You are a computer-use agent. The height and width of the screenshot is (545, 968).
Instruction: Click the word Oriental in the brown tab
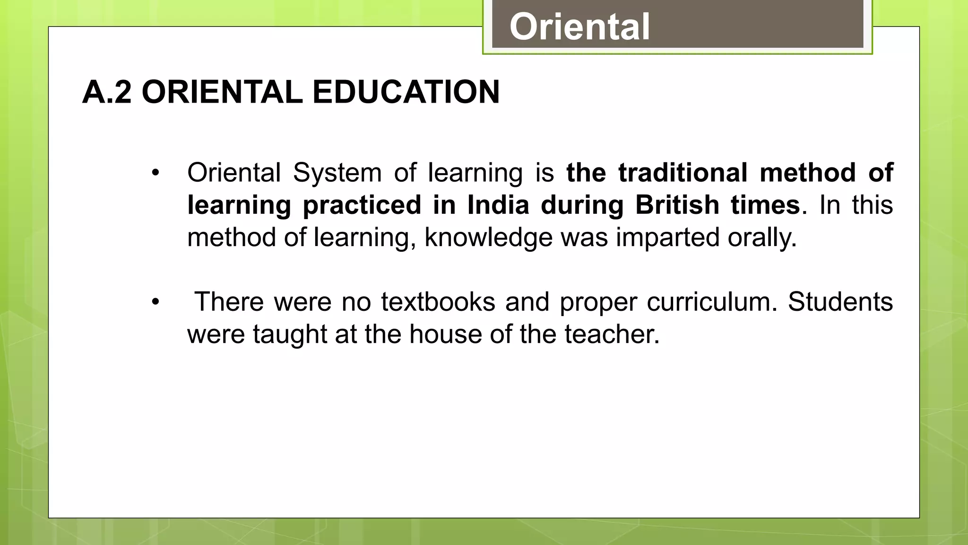click(x=579, y=27)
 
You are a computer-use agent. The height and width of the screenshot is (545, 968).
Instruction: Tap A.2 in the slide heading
click(x=107, y=92)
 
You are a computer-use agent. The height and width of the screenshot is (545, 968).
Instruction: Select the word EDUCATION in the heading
click(x=406, y=92)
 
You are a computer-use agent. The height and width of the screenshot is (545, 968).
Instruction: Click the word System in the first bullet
click(x=337, y=173)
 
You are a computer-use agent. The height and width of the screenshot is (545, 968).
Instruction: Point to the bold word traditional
click(x=683, y=173)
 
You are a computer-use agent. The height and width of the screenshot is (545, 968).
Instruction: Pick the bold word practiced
click(x=362, y=205)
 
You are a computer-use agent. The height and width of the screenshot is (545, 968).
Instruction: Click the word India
click(x=498, y=205)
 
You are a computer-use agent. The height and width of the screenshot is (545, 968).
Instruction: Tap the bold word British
click(x=677, y=205)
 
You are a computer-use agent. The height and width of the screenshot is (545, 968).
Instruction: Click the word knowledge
click(x=488, y=237)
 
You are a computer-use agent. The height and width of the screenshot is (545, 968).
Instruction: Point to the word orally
click(x=761, y=237)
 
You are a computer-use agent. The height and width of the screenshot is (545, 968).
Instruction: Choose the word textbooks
click(x=438, y=302)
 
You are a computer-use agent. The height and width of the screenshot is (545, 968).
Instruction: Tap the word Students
click(x=840, y=302)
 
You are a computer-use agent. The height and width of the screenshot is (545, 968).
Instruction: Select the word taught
click(x=290, y=334)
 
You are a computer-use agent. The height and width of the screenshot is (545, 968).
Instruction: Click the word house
click(x=446, y=334)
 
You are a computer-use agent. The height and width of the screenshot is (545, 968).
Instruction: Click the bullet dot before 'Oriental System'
click(x=156, y=173)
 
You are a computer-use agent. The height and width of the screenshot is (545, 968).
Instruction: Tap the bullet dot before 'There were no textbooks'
click(x=156, y=302)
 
